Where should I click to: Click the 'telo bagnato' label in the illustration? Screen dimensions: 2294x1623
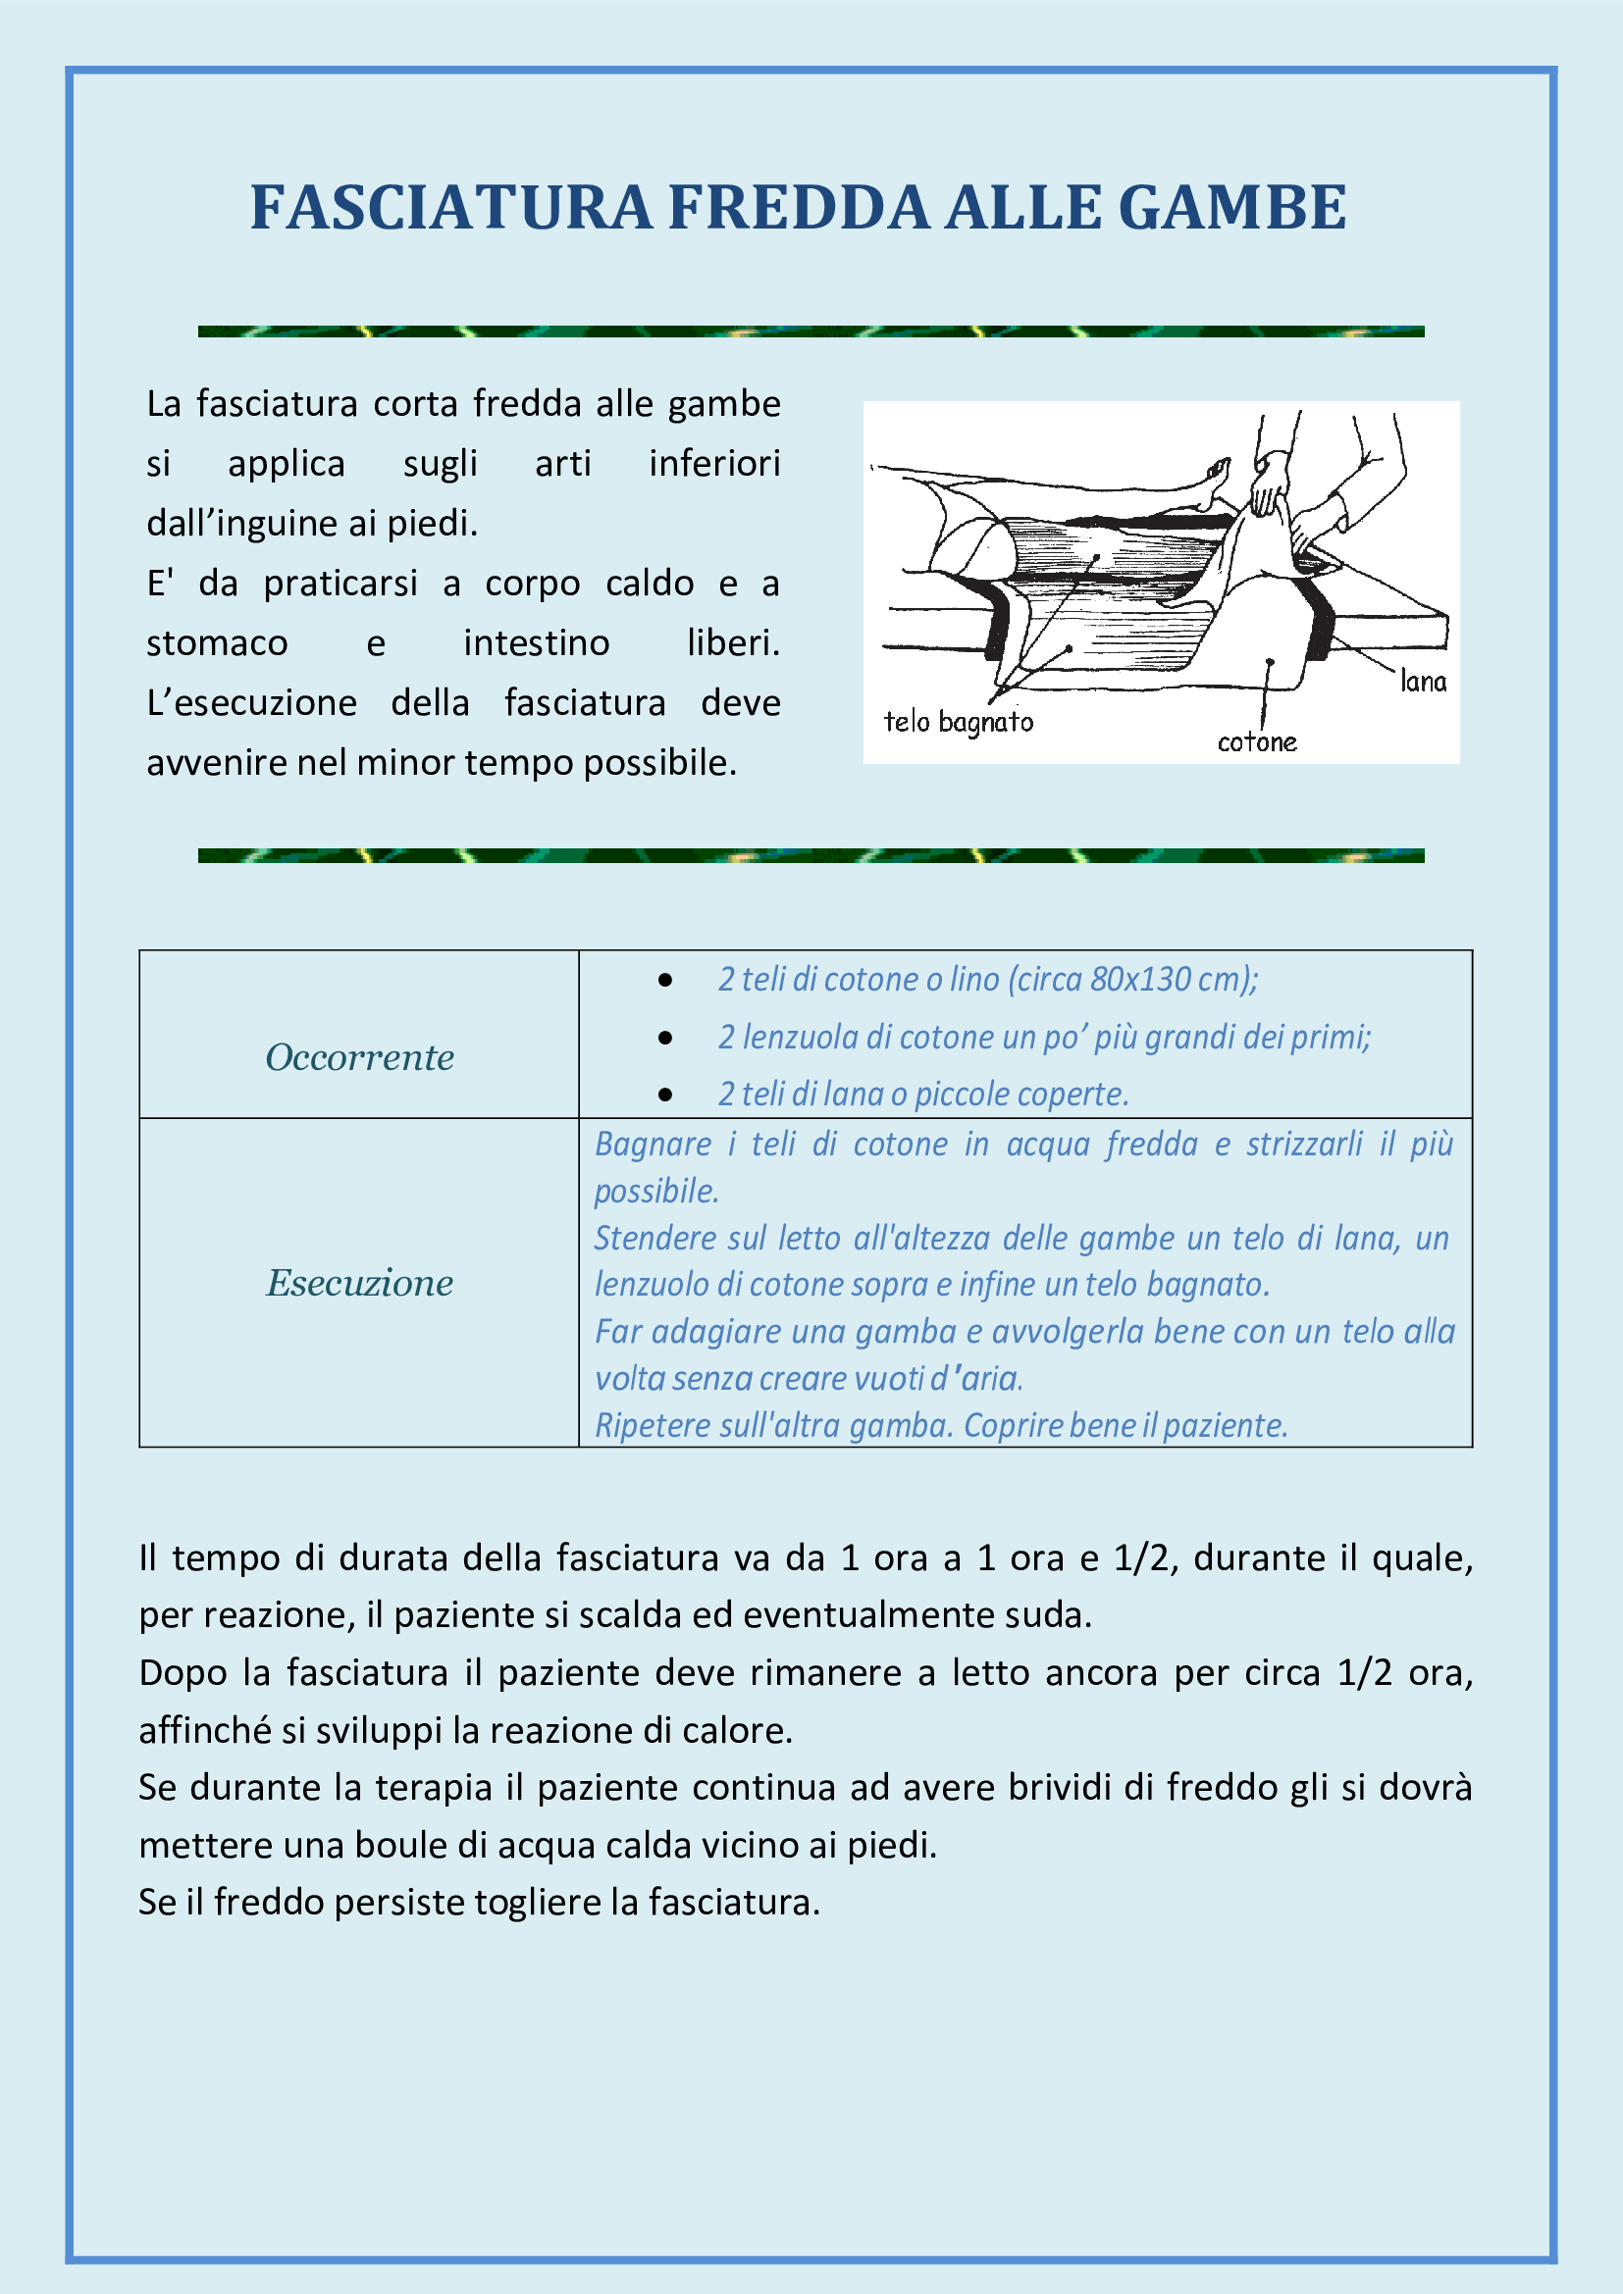958,722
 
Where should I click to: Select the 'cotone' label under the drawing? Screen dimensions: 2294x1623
1256,741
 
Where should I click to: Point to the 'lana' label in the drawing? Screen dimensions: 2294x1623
1422,682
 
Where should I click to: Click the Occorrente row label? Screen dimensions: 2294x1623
359,1057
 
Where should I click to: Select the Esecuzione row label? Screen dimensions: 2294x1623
359,1283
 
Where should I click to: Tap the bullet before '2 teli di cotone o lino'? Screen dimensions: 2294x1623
665,980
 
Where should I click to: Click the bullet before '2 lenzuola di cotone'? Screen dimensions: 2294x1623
665,1038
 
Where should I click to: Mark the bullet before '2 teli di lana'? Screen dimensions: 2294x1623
665,1096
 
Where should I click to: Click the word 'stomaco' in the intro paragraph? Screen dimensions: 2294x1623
217,642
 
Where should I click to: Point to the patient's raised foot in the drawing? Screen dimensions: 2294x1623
1216,478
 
